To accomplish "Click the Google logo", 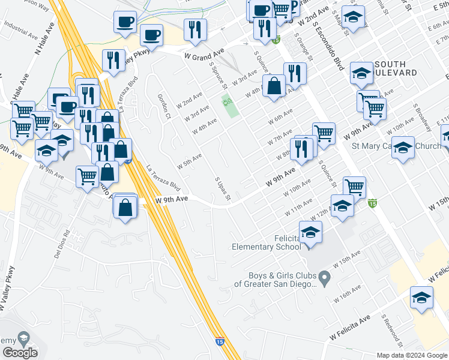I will pyautogui.click(x=20, y=353).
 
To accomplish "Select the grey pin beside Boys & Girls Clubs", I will pyautogui.click(x=325, y=278).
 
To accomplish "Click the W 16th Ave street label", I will pyautogui.click(x=348, y=293).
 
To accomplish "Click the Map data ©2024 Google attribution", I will pyautogui.click(x=412, y=355).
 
